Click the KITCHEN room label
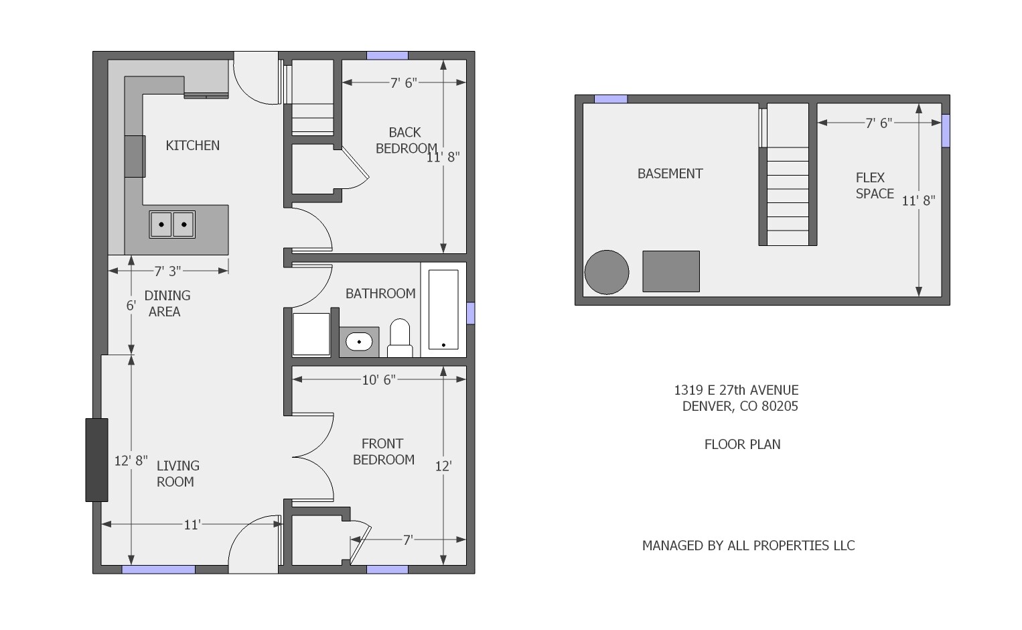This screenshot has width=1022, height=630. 192,145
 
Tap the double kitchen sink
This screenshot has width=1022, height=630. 172,224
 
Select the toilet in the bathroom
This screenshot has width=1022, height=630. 400,338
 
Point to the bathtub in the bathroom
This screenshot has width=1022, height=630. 443,310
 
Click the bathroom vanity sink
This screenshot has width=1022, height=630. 359,342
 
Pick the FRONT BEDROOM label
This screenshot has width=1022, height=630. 383,452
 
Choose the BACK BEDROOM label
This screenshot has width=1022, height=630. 405,140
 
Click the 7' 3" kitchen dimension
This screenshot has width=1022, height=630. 167,271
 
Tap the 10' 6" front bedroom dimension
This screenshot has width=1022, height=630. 378,380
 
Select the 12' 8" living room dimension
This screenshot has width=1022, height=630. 131,460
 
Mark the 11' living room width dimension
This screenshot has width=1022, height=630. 192,525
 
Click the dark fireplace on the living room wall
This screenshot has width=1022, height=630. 96,460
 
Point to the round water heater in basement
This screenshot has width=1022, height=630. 607,272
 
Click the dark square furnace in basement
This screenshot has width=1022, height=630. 671,271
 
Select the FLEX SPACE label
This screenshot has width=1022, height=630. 873,186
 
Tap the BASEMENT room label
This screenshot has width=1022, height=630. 670,174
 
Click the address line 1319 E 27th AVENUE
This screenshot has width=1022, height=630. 736,390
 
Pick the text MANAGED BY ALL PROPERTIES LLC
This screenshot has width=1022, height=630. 748,546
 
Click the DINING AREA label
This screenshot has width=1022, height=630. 167,303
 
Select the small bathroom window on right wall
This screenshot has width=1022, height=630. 471,313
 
